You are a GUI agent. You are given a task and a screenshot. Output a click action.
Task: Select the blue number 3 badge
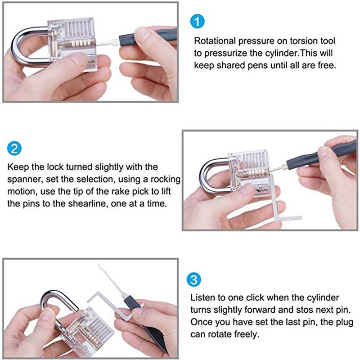(x=194, y=279)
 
